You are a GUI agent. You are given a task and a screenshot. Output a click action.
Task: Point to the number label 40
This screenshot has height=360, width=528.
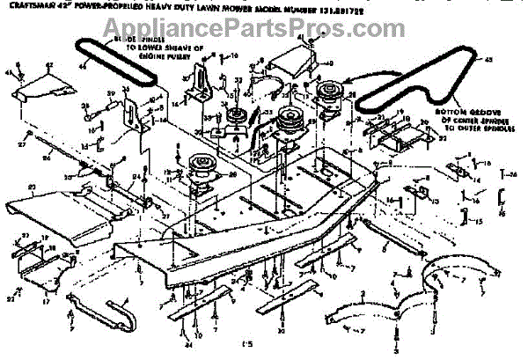point(330,63)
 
